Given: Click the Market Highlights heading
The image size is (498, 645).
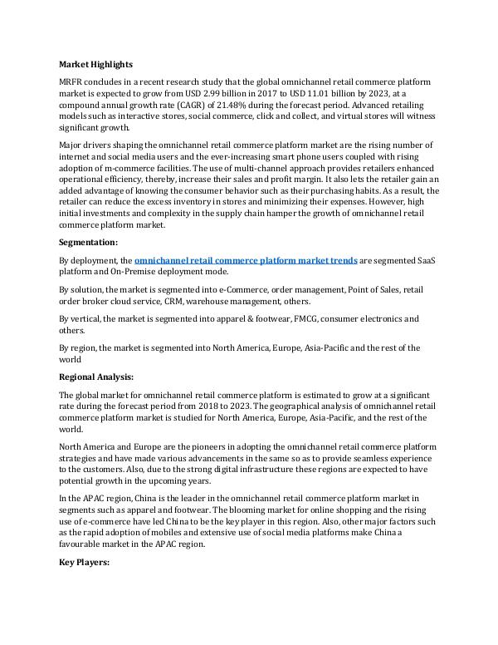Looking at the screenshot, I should pos(95,64).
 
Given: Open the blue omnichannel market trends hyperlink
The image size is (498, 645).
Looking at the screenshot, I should pos(246,260).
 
